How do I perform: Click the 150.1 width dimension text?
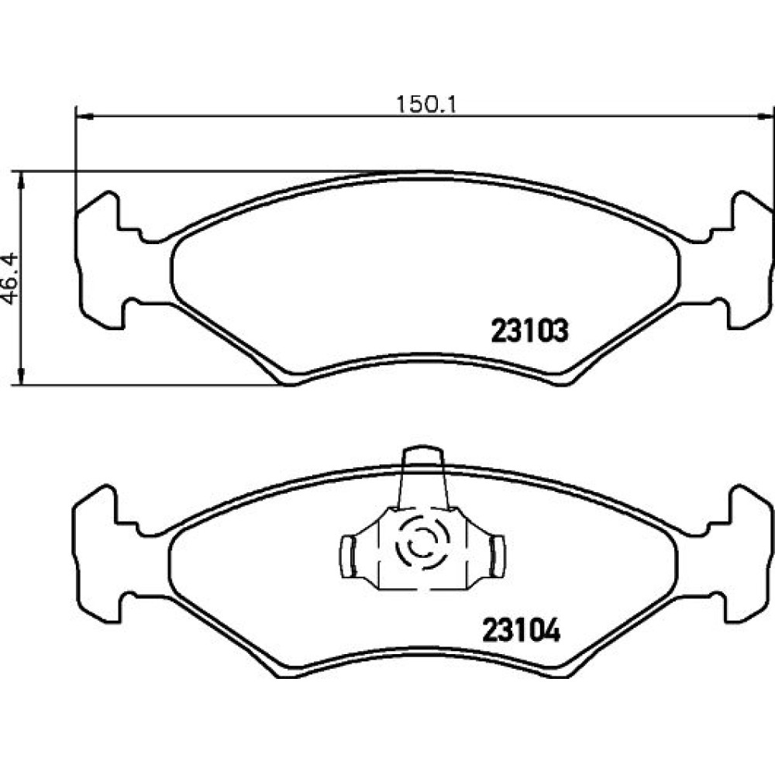coord(425,105)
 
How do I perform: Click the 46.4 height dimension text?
coord(10,278)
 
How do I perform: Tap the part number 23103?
coord(529,331)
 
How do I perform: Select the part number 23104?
coord(522,630)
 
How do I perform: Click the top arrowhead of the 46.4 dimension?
coord(21,181)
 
